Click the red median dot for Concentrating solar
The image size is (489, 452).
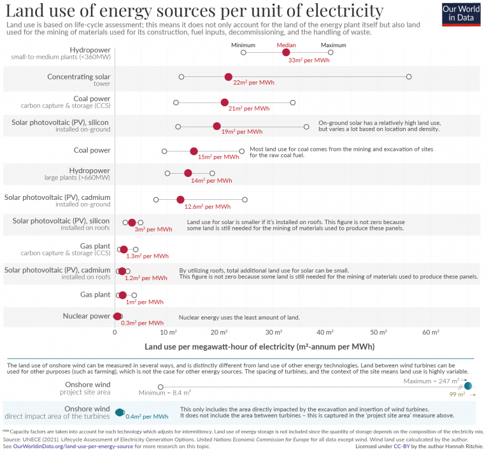tap(229, 77)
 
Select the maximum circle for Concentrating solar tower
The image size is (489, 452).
tap(409, 76)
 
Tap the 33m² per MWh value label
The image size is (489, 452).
tap(309, 60)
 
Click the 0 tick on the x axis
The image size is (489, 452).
tap(115, 332)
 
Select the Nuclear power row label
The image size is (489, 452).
tap(87, 316)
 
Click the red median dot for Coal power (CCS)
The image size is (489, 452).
tap(225, 102)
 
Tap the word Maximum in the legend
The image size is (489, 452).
tap(333, 45)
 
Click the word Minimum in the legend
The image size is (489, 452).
tap(243, 45)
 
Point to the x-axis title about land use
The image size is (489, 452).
tap(259, 347)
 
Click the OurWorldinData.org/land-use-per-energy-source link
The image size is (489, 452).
tap(70, 446)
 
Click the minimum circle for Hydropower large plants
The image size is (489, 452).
tap(167, 173)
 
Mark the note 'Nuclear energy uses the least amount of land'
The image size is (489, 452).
tap(239, 317)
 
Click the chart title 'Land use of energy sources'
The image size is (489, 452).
tap(194, 11)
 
